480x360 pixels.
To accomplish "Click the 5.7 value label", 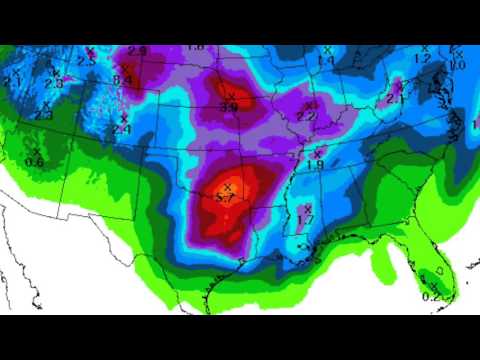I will click(x=226, y=199).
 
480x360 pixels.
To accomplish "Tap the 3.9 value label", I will click(x=229, y=106).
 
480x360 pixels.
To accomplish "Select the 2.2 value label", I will click(x=306, y=117).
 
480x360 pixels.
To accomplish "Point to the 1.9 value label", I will click(x=315, y=165).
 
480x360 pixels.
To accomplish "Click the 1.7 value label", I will click(x=306, y=220).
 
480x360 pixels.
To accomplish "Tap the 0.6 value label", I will click(x=34, y=162).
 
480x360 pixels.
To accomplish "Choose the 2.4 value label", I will click(x=122, y=130).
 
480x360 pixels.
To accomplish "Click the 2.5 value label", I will click(x=86, y=62).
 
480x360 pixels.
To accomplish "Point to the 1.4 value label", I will click(x=326, y=61).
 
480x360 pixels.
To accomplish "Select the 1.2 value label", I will click(x=422, y=59).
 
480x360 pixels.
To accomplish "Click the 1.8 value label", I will click(x=195, y=47).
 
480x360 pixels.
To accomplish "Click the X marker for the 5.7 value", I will click(x=228, y=187).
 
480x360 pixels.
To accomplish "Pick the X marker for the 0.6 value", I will click(x=36, y=151).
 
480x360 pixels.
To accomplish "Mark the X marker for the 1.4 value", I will click(x=326, y=50).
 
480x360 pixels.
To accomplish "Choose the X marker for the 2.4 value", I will click(x=124, y=119).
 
